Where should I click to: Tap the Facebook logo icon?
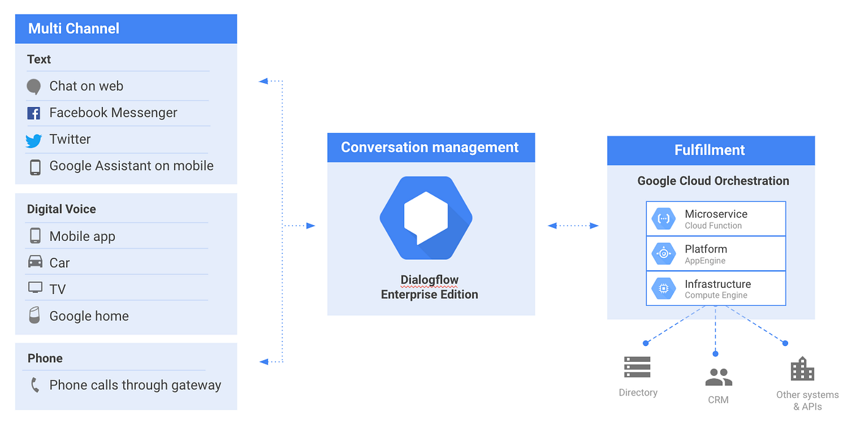click(34, 113)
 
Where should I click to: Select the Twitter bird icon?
click(34, 141)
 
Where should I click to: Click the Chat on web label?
click(86, 86)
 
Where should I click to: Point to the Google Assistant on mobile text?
click(131, 166)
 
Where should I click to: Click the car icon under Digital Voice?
click(35, 262)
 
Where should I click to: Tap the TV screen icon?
click(35, 288)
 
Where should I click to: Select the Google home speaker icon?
click(34, 315)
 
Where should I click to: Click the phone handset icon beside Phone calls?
click(35, 385)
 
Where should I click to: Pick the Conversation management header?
click(430, 147)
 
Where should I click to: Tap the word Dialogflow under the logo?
click(429, 280)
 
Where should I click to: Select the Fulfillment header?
click(710, 150)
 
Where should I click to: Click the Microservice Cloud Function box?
click(715, 219)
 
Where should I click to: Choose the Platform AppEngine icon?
click(663, 254)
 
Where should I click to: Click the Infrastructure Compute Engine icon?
click(663, 289)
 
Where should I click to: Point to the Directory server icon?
click(637, 367)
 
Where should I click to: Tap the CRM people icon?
click(718, 377)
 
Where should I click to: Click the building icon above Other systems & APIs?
click(802, 369)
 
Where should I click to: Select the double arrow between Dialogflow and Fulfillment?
click(573, 226)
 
